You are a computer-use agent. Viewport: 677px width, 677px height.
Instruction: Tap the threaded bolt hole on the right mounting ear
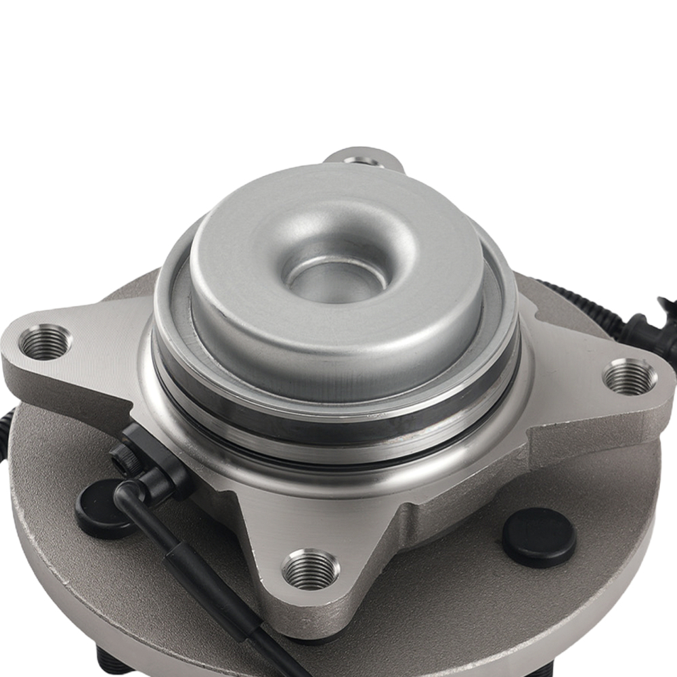click(x=629, y=377)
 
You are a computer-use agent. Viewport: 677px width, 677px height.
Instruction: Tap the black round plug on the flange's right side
click(x=539, y=537)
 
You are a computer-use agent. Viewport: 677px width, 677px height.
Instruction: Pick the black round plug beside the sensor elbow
click(x=102, y=508)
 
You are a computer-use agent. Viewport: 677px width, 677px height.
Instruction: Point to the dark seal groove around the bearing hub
click(x=338, y=433)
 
